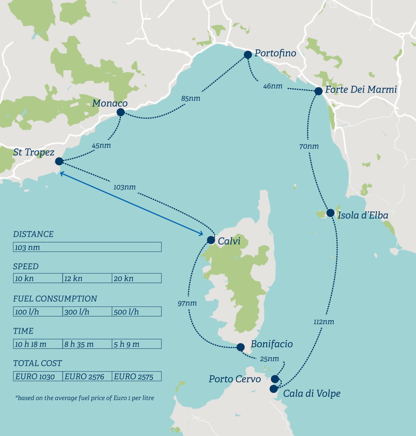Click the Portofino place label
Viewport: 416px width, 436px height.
click(275, 53)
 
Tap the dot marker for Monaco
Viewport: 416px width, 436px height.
click(121, 112)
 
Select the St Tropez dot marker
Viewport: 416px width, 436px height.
click(59, 161)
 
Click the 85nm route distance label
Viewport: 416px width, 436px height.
click(191, 99)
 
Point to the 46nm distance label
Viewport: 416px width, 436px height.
click(273, 86)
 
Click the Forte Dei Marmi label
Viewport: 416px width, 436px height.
click(361, 90)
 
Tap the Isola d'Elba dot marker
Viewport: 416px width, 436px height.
click(330, 213)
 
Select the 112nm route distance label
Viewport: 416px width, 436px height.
click(323, 322)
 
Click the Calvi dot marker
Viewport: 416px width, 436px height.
click(211, 240)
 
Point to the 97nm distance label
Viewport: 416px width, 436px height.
click(187, 303)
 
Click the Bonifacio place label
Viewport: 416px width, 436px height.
click(271, 344)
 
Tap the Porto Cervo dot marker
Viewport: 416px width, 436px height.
click(275, 379)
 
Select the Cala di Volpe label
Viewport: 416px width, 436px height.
click(311, 393)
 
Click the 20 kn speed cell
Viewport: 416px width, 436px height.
click(136, 278)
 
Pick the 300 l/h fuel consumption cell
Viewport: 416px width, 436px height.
click(87, 312)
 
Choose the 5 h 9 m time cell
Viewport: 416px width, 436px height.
click(136, 344)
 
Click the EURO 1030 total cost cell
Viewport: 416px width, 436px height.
click(38, 376)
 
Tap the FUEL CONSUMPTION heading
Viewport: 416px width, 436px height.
click(55, 299)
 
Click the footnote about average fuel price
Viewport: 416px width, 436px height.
click(85, 398)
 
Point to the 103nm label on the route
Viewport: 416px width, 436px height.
click(124, 187)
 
